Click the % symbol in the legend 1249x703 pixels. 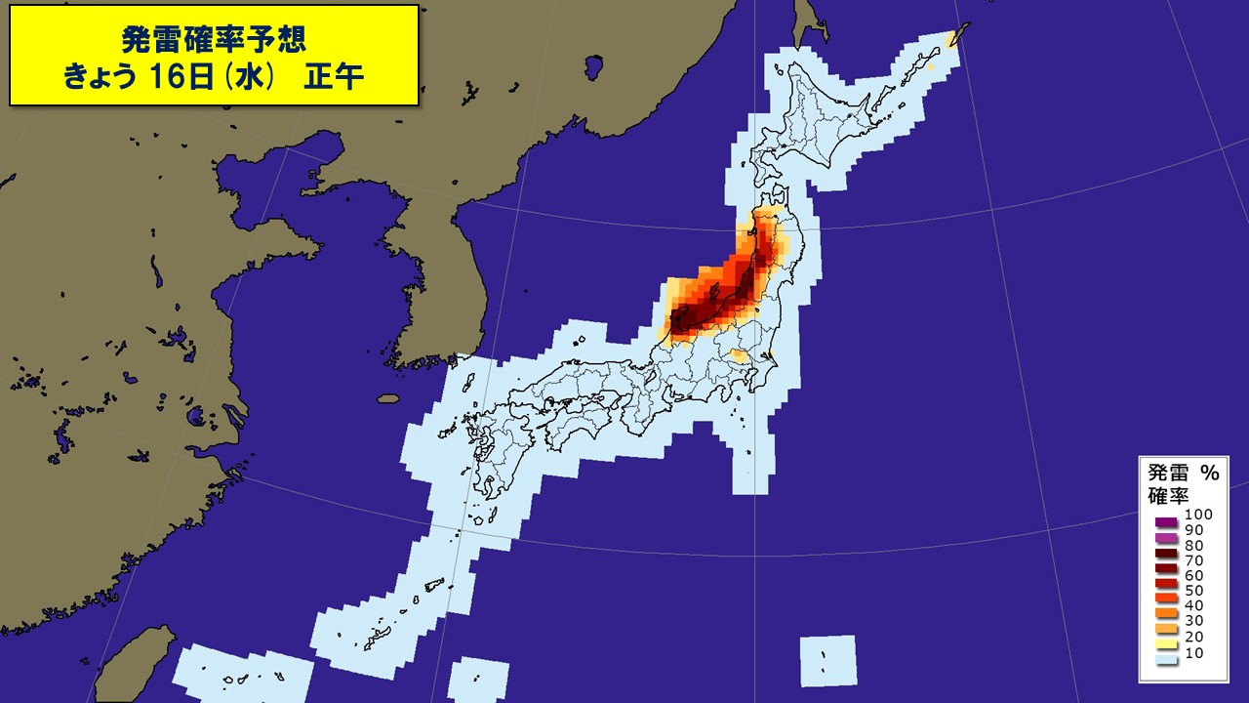(x=1209, y=473)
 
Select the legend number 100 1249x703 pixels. (x=1198, y=515)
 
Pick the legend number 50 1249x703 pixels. (x=1194, y=591)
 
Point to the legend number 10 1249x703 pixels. (x=1194, y=651)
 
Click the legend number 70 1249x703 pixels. (x=1194, y=560)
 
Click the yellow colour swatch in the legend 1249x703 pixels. (x=1164, y=644)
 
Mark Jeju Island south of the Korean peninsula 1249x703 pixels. (x=389, y=398)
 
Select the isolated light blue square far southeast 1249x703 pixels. (x=827, y=660)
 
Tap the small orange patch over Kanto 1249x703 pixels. (x=740, y=356)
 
